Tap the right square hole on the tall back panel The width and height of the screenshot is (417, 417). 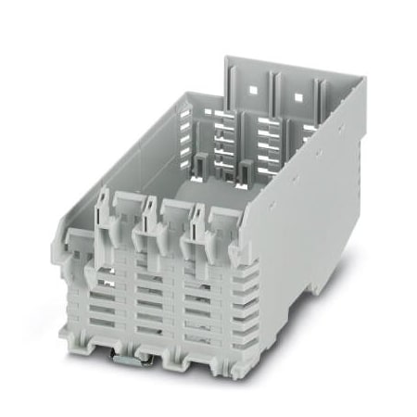[x=299, y=94]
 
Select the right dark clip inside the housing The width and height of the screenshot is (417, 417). [x=246, y=171]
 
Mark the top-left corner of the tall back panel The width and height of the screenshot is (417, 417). [x=227, y=57]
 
